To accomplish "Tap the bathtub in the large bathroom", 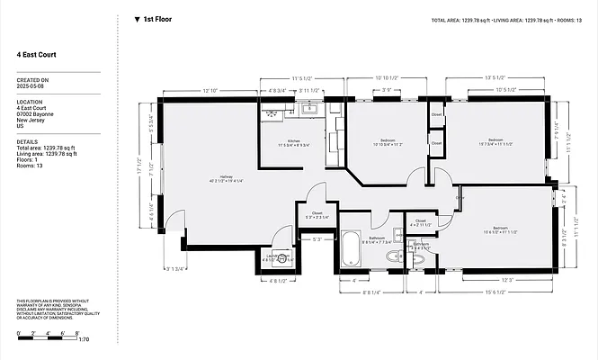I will [349, 249].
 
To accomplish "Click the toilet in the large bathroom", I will [393, 256].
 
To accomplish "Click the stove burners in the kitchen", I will [272, 113].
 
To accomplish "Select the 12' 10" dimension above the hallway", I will [211, 91].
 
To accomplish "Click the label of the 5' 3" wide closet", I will [317, 216].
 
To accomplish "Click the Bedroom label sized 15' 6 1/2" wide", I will [499, 229].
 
